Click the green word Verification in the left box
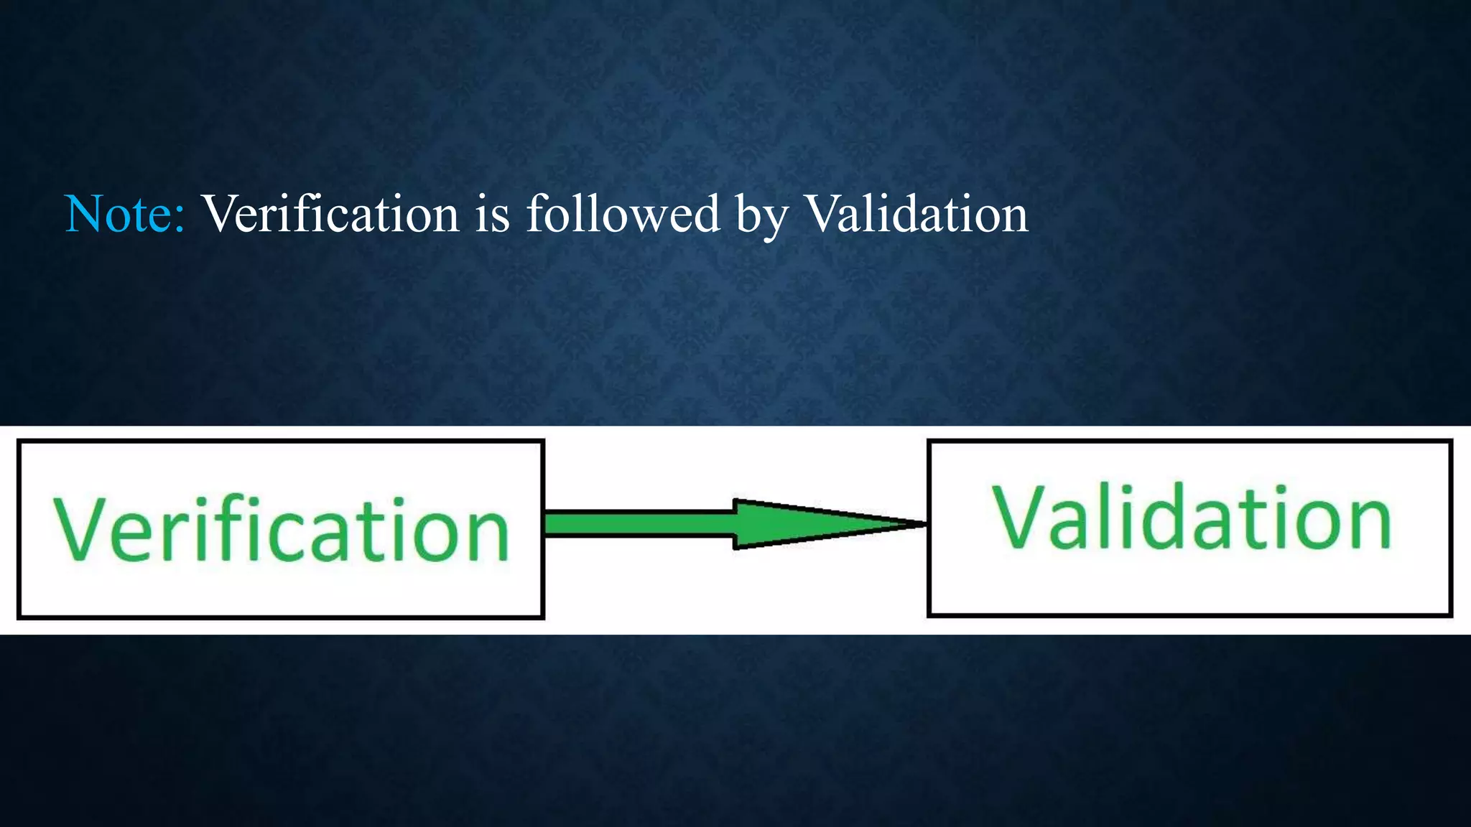click(281, 529)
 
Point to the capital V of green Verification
click(79, 529)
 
